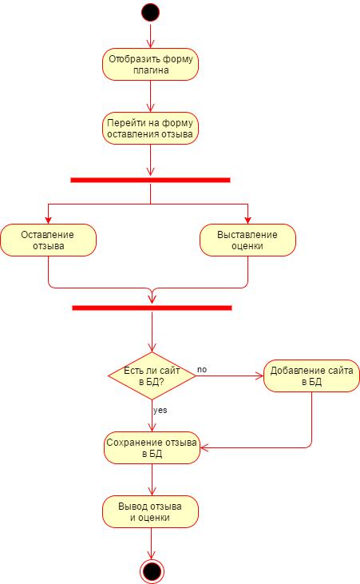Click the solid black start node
(x=150, y=12)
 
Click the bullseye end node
(x=152, y=571)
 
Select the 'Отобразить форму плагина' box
(x=150, y=64)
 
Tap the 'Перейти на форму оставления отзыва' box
(x=150, y=128)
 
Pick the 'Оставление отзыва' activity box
(x=49, y=240)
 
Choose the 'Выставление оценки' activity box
(x=248, y=240)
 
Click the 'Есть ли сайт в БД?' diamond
(x=152, y=375)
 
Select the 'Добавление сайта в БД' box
(x=311, y=375)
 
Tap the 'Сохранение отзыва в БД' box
(x=152, y=447)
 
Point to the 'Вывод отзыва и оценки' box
(x=150, y=512)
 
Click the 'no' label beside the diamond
(x=202, y=369)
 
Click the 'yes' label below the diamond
(x=160, y=410)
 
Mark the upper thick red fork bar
(x=150, y=180)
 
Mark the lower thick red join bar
(x=152, y=308)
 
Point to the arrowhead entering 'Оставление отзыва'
(x=48, y=220)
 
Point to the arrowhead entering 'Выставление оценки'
(x=247, y=220)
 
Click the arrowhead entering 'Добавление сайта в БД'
(x=259, y=375)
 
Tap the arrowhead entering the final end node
(x=152, y=555)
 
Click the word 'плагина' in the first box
(x=150, y=70)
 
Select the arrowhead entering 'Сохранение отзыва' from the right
(x=204, y=447)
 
